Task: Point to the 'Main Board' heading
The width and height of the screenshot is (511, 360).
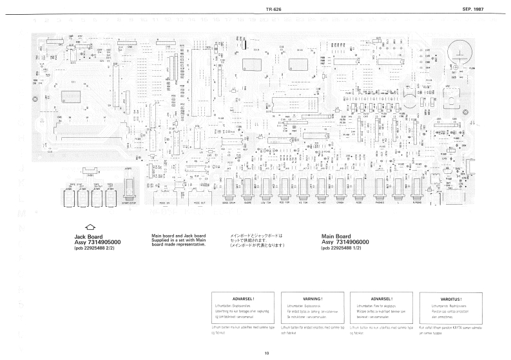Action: click(336, 236)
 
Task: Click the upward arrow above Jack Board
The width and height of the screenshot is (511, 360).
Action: click(90, 227)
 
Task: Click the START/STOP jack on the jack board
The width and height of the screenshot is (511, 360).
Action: click(130, 191)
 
